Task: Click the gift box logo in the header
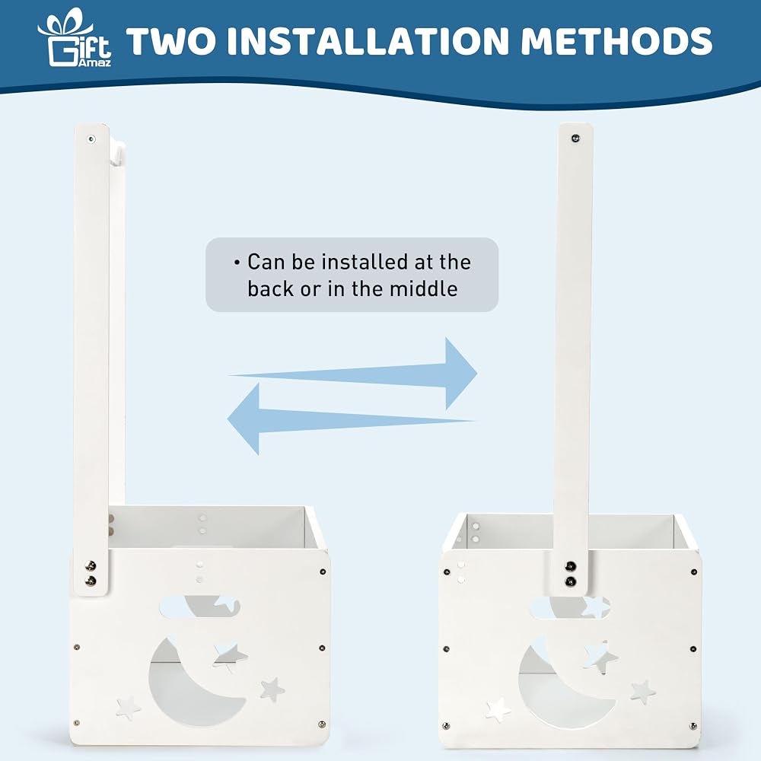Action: [75, 37]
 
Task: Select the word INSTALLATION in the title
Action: [368, 41]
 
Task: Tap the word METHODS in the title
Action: [616, 41]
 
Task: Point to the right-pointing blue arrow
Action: [353, 374]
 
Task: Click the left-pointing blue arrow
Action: [351, 419]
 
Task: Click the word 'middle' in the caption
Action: [424, 288]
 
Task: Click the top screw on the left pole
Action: [91, 140]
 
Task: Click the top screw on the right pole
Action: [575, 139]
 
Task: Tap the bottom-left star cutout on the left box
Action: [128, 708]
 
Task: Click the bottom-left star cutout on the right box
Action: [498, 710]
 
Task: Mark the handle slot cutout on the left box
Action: [199, 607]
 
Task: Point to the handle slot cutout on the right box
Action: [570, 607]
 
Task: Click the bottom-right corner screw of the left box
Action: [321, 724]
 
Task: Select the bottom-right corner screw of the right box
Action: [693, 727]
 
